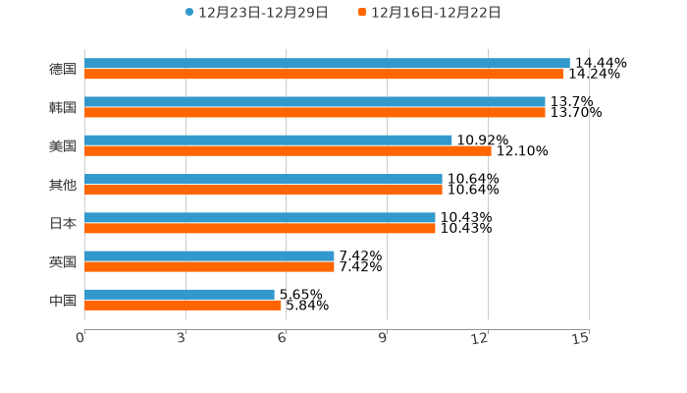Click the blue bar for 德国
click(327, 64)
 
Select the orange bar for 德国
click(324, 75)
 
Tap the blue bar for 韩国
click(314, 102)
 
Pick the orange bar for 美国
click(288, 151)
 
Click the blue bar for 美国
click(268, 140)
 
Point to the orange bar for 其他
click(263, 190)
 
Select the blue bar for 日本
click(260, 218)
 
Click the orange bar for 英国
click(209, 266)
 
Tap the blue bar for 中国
click(180, 295)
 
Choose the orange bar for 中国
click(183, 306)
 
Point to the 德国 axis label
click(63, 70)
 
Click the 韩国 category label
click(63, 108)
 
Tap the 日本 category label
click(63, 224)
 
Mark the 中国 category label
click(63, 301)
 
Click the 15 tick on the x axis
click(581, 339)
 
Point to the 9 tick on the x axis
click(384, 339)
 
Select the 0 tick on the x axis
click(81, 339)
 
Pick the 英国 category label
click(63, 262)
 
